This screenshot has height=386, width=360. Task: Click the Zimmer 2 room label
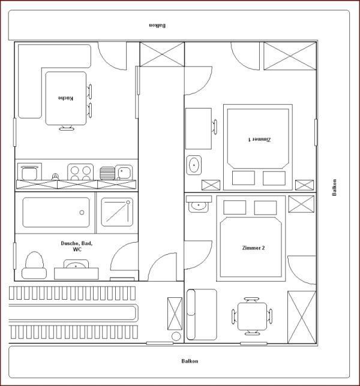[x=253, y=248]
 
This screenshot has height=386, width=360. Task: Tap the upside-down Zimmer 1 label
[x=259, y=140]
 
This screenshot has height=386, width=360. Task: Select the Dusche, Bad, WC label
[x=77, y=246]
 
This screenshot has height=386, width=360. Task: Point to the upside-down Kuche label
[x=65, y=98]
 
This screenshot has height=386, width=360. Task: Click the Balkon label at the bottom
[x=190, y=361]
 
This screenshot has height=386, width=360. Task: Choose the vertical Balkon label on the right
[x=334, y=188]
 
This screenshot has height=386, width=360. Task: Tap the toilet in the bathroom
[x=34, y=266]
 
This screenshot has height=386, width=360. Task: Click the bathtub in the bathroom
[x=56, y=212]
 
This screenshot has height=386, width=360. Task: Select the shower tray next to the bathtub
[x=117, y=212]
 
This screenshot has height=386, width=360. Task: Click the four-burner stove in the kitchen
[x=80, y=172]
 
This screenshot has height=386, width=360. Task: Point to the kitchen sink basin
[x=124, y=173]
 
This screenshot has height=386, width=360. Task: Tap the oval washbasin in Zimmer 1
[x=194, y=165]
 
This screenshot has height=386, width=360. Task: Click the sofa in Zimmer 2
[x=202, y=315]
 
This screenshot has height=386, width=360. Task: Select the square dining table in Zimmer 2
[x=253, y=316]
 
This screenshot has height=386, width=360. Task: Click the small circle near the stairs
[x=176, y=336]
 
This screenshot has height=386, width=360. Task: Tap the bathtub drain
[x=82, y=212]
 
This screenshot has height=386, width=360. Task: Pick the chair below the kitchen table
[x=66, y=128]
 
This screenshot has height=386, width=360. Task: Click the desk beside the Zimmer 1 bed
[x=199, y=128]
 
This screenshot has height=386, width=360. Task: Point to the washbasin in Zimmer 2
[x=199, y=204]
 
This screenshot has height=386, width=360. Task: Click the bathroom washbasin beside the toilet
[x=76, y=264]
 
